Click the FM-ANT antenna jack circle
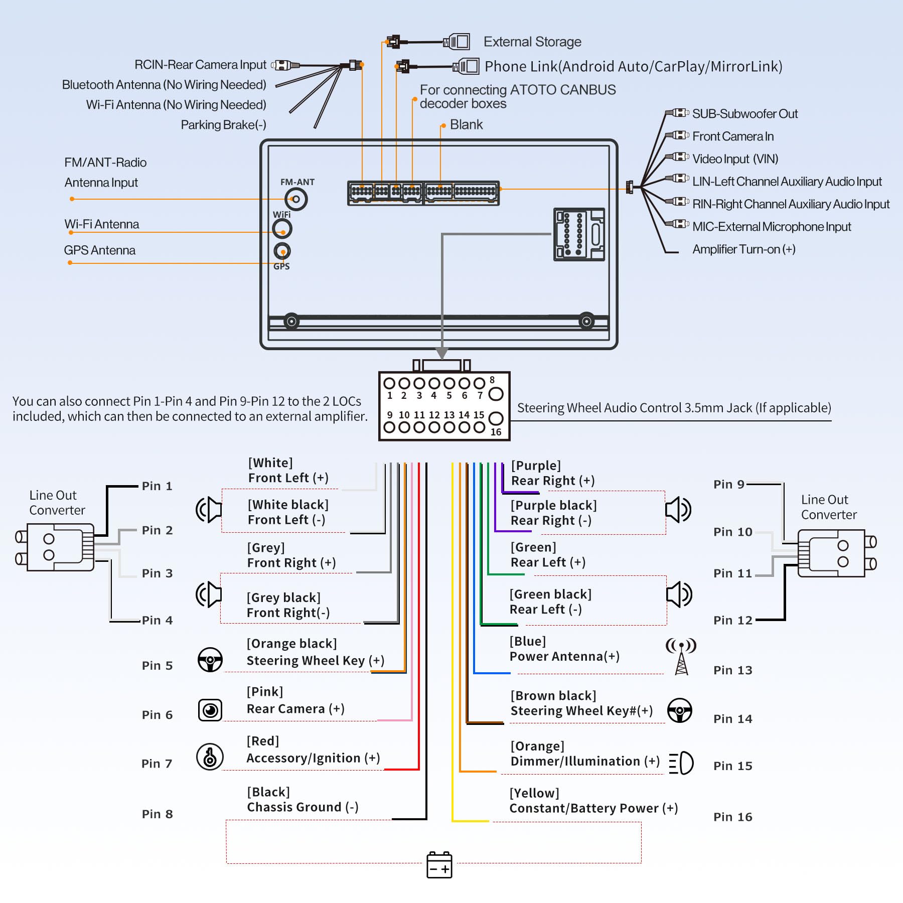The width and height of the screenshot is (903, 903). click(296, 199)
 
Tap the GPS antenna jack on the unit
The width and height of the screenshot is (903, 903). click(282, 251)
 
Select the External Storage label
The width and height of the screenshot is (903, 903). click(532, 42)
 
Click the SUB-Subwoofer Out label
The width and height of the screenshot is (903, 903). click(744, 114)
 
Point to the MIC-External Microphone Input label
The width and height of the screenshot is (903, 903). click(771, 227)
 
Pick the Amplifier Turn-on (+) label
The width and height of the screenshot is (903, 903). click(743, 249)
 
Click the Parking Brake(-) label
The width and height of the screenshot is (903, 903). click(223, 125)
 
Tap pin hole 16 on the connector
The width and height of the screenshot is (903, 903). click(496, 418)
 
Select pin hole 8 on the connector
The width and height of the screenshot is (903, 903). click(496, 394)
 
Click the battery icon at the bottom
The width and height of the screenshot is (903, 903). click(439, 865)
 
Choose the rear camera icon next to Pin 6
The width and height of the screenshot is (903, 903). click(210, 710)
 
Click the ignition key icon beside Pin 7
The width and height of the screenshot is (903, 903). click(210, 757)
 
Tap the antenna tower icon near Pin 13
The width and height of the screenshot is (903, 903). click(681, 656)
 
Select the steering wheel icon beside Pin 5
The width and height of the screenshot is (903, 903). click(210, 660)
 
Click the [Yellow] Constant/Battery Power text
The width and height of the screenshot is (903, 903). click(593, 801)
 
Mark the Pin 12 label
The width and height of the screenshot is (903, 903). click(732, 621)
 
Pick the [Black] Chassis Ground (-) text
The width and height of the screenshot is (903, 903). click(303, 800)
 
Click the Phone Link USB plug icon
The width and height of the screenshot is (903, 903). click(466, 66)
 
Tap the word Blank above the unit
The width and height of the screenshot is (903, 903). click(466, 124)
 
